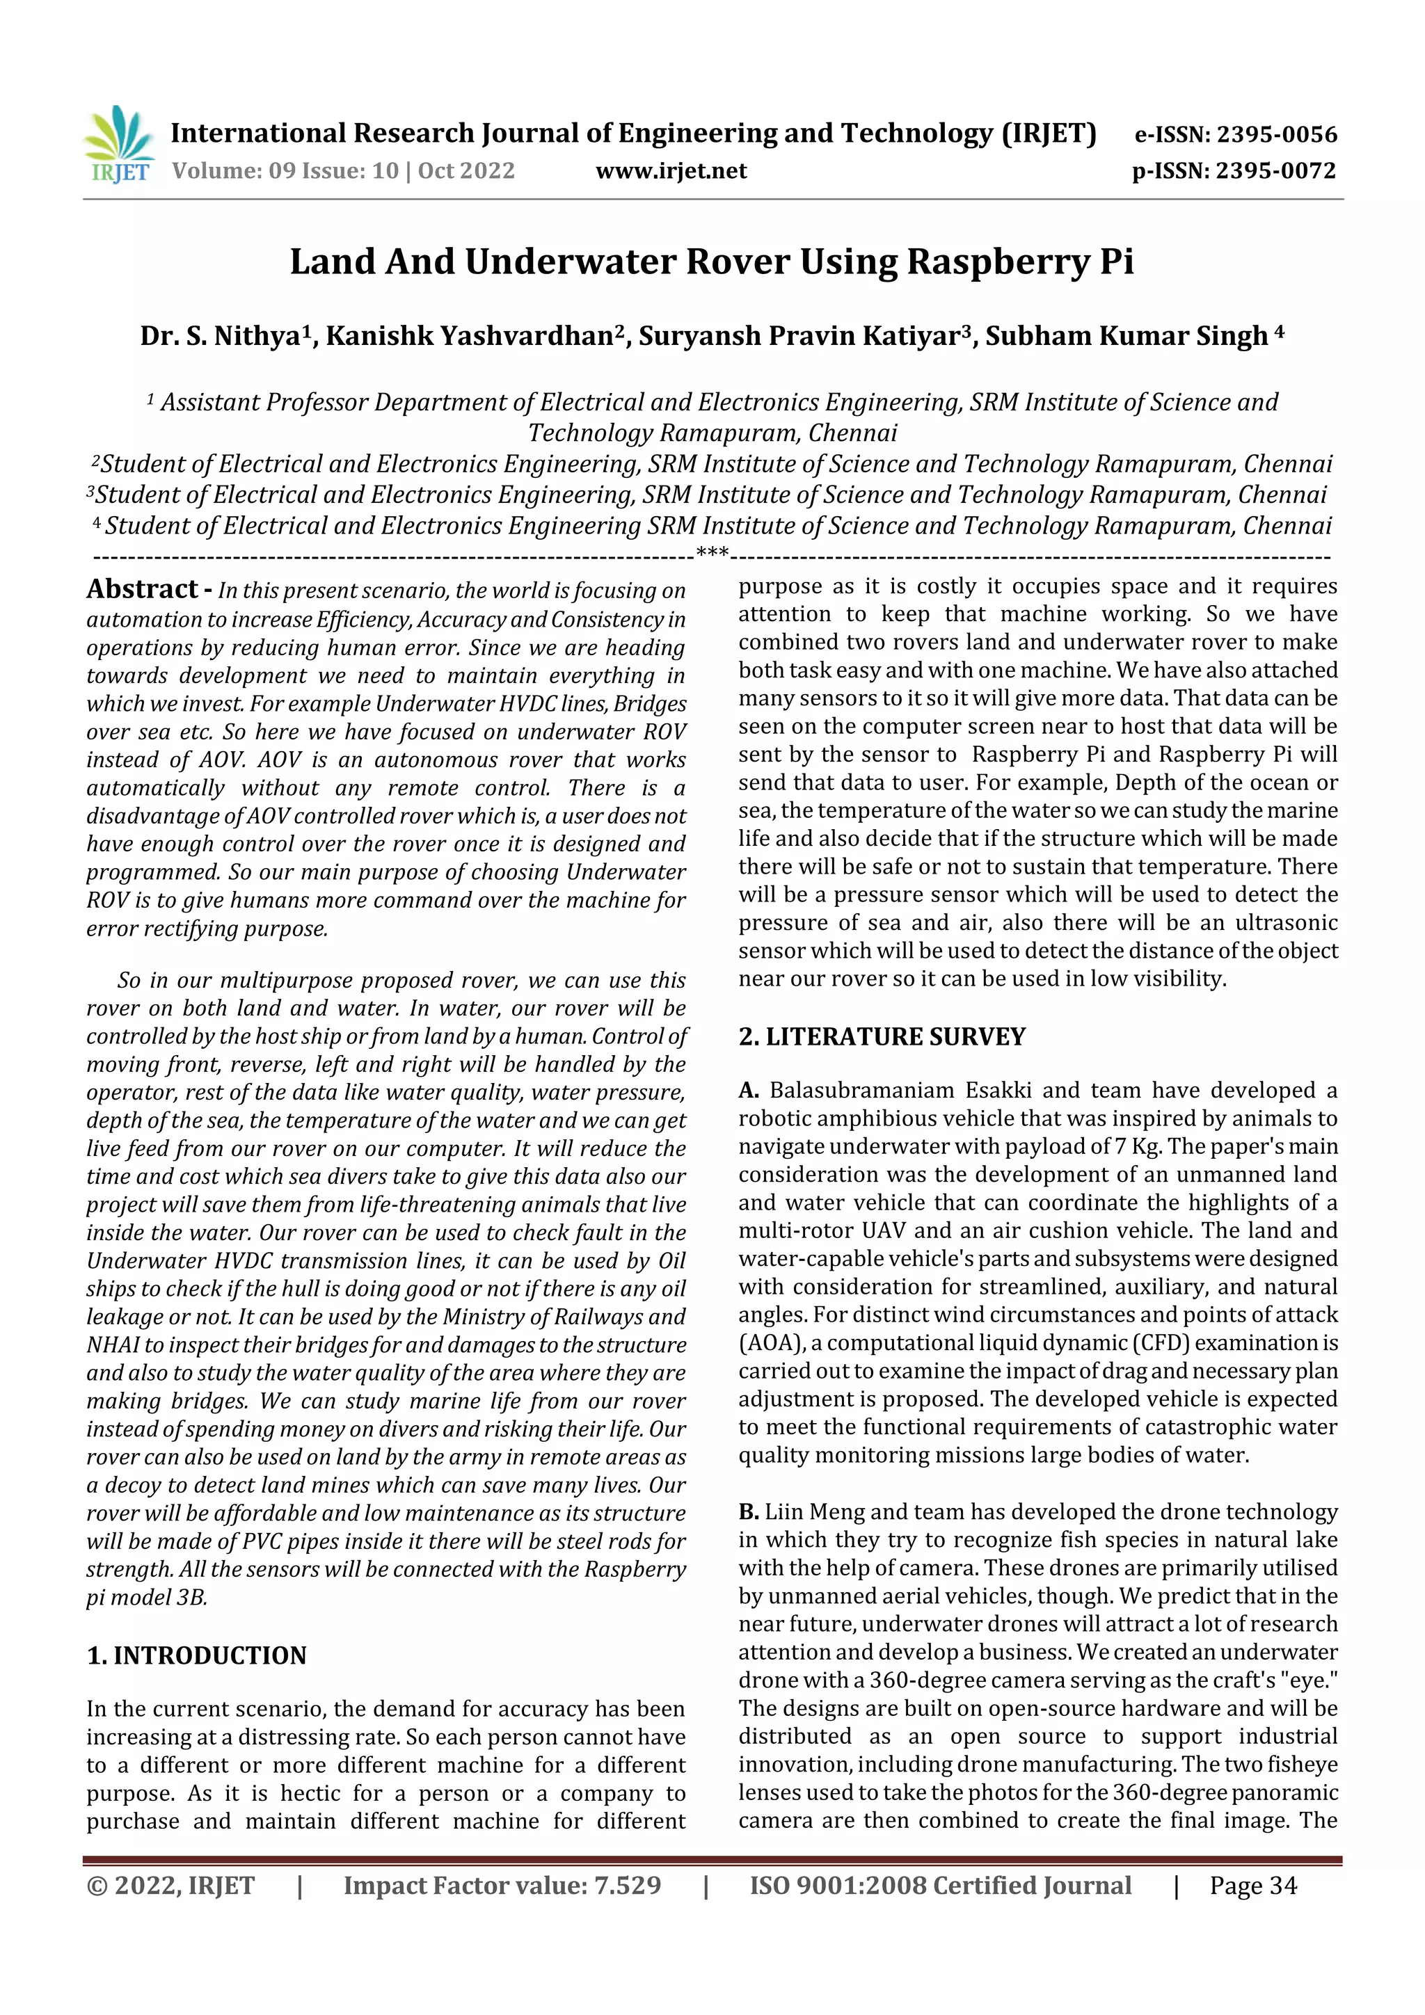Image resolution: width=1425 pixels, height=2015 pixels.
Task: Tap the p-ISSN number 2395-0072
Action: click(1275, 171)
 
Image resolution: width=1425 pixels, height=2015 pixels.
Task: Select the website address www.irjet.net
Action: click(671, 171)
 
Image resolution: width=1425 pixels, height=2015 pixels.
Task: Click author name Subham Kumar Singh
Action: click(1126, 336)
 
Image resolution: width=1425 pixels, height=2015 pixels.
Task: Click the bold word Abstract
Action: click(142, 589)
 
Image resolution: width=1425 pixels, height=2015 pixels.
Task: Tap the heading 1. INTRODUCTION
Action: click(197, 1655)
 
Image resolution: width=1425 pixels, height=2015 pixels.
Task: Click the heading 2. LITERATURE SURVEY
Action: click(881, 1036)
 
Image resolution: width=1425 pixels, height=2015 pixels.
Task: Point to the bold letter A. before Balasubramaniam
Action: click(748, 1090)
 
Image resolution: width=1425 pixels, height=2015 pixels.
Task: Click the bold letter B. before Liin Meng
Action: click(748, 1511)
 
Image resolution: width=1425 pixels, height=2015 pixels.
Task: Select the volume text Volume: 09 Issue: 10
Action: click(285, 171)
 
